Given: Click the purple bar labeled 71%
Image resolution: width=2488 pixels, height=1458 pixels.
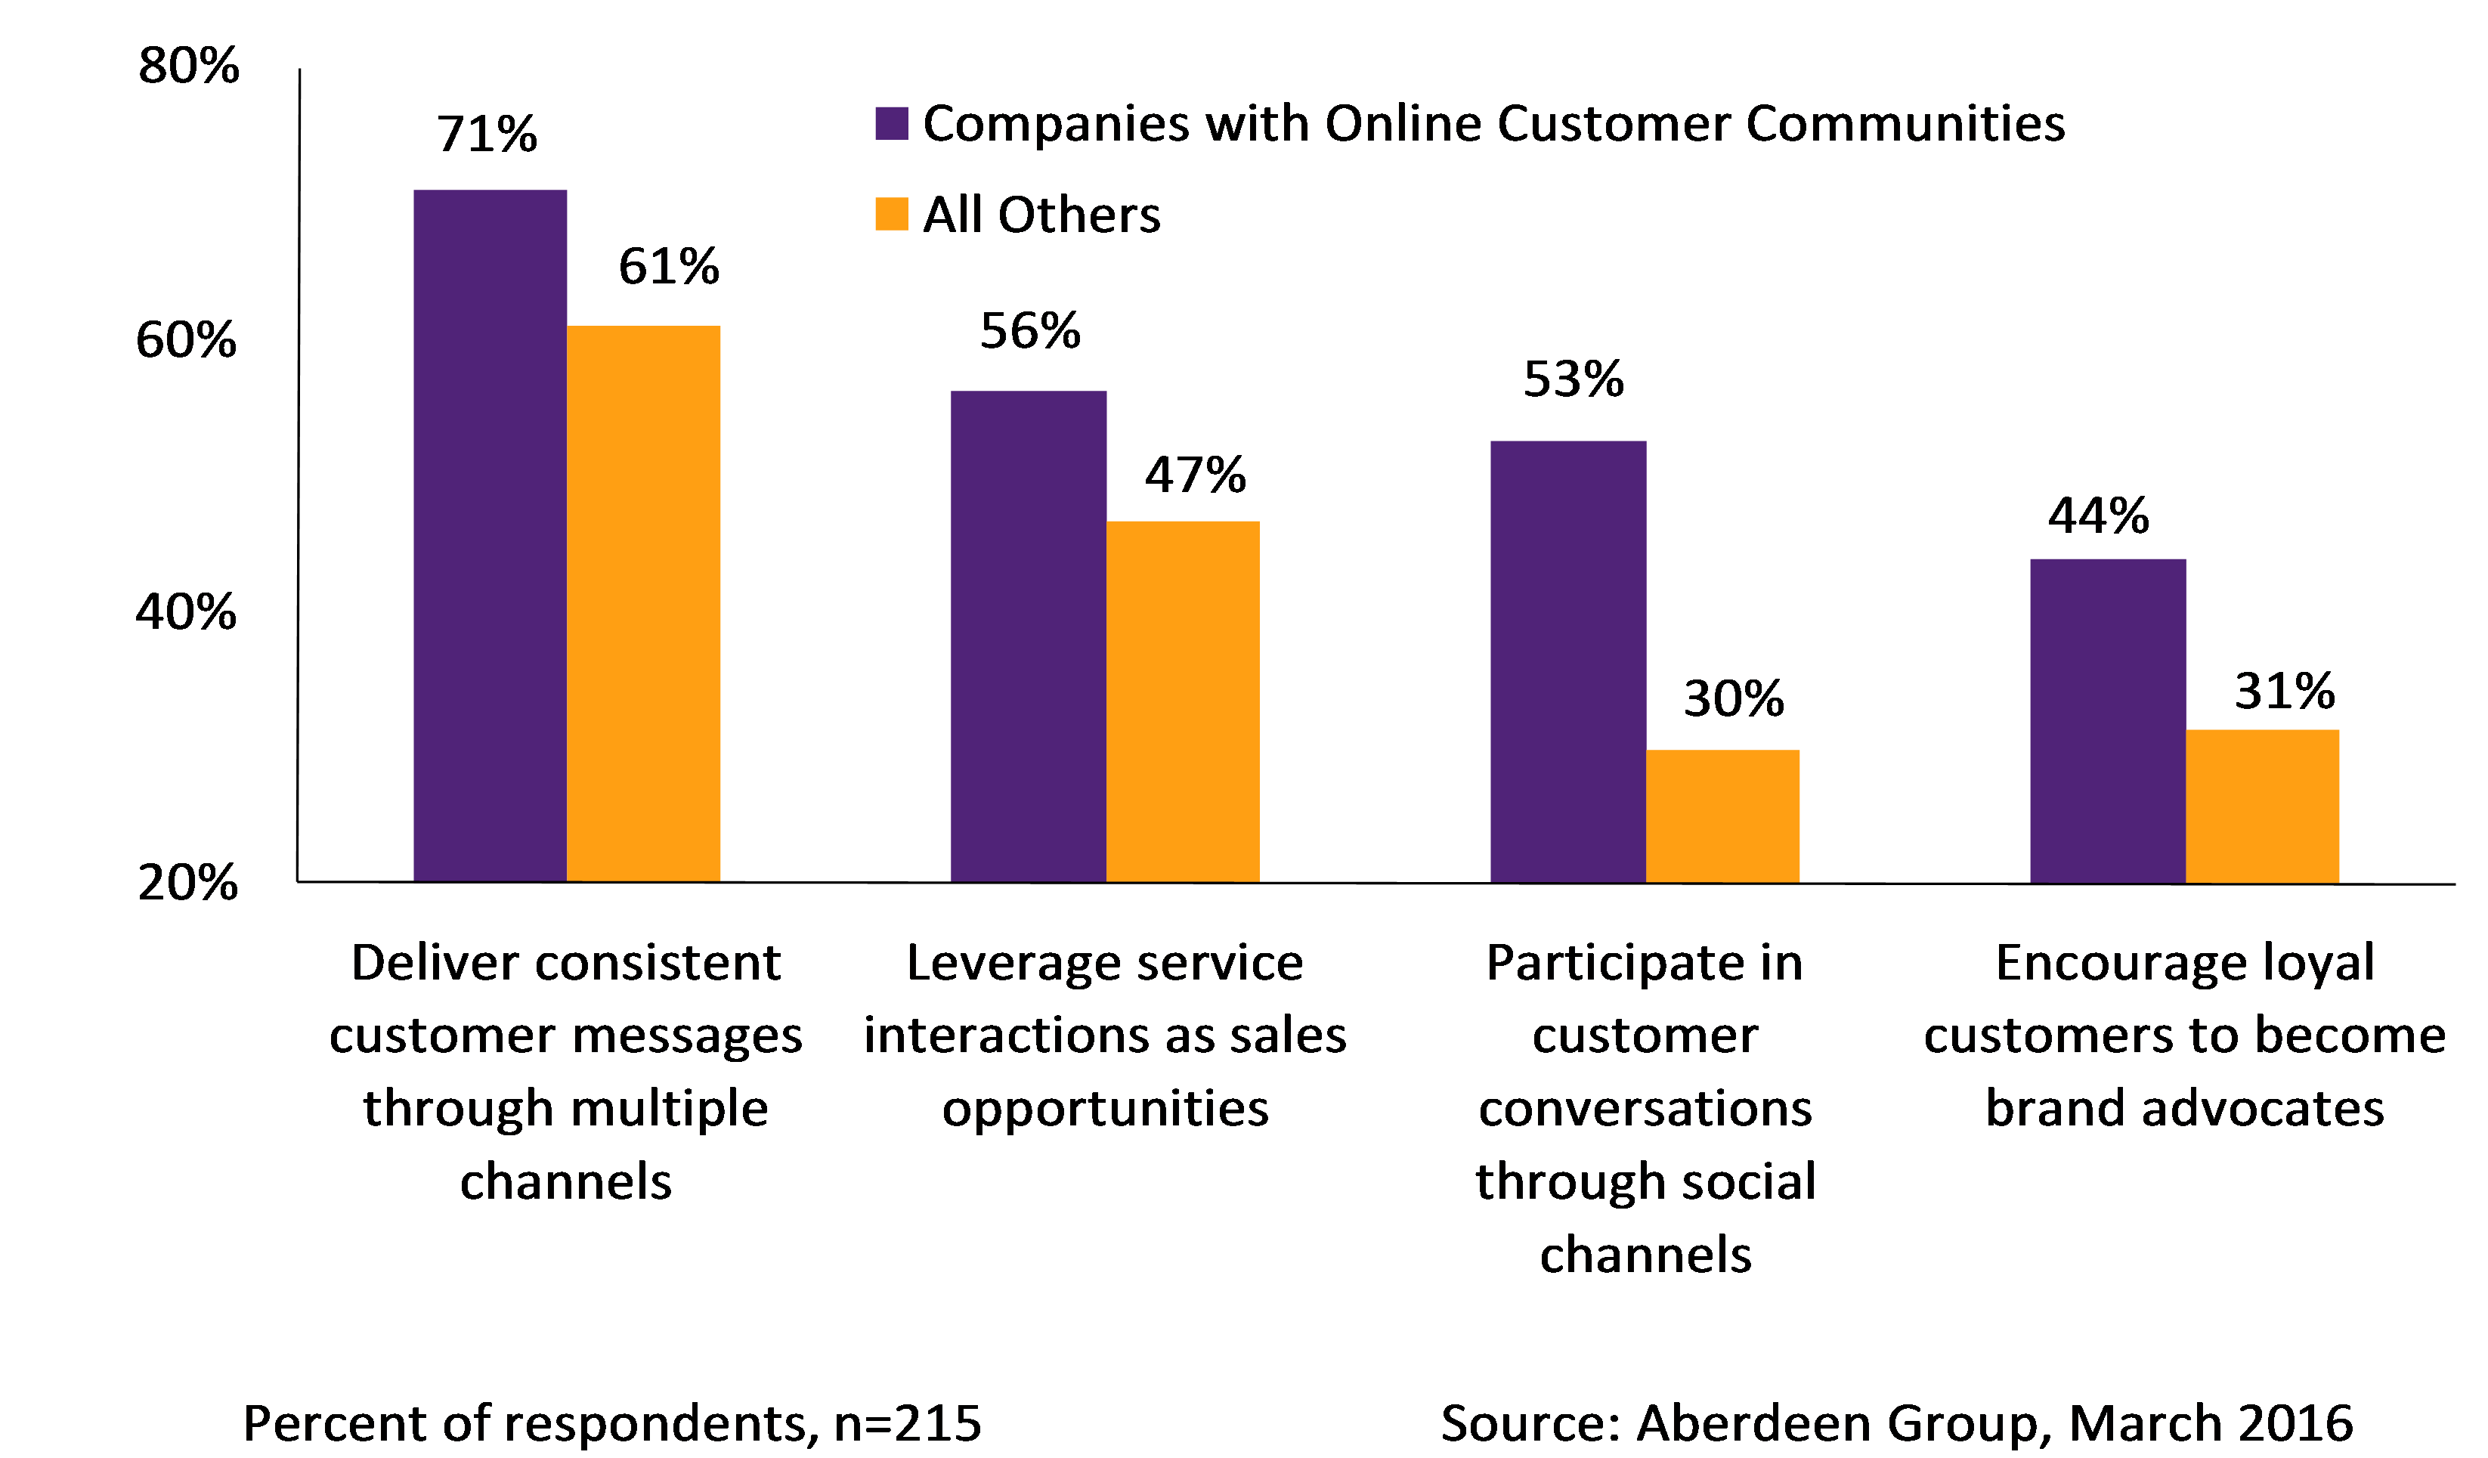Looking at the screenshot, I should [x=490, y=535].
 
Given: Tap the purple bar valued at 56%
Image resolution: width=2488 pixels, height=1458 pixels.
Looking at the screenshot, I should [x=1028, y=636].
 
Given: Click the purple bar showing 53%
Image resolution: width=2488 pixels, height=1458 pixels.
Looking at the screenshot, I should [x=1567, y=661].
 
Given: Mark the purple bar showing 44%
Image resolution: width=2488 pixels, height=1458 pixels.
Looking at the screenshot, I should [x=2107, y=720].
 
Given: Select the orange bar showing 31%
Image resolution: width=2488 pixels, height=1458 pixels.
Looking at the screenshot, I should [x=2262, y=806].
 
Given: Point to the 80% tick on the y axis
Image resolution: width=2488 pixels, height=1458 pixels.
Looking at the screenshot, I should [x=187, y=67].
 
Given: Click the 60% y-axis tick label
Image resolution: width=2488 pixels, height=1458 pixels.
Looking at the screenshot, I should [x=186, y=341].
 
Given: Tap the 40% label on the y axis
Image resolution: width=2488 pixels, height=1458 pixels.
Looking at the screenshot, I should [x=186, y=612].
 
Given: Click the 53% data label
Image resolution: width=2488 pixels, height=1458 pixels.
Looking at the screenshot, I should [x=1573, y=379].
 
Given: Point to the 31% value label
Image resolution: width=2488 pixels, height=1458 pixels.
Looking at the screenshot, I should [x=2284, y=691].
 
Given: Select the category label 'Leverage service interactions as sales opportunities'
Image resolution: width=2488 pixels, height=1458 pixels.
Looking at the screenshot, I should [x=1105, y=1035].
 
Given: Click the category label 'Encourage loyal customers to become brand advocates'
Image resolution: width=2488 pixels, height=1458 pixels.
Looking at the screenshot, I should [x=2184, y=1035].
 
